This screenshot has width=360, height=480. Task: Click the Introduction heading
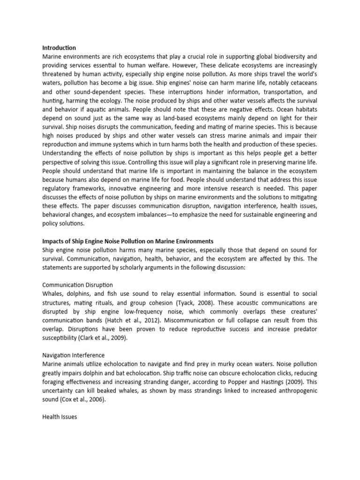coord(59,47)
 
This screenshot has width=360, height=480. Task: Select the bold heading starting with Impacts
coord(128,241)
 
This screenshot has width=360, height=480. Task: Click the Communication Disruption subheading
coord(77,285)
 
